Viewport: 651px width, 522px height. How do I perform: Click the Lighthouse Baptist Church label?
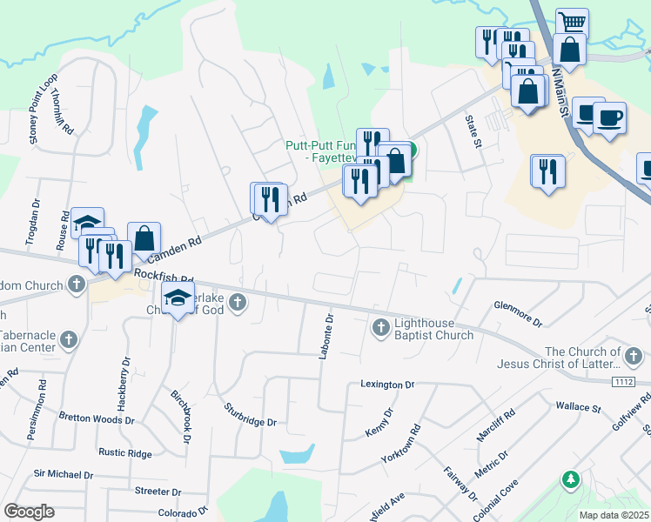[x=434, y=328]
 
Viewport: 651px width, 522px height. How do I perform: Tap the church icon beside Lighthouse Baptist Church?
[x=380, y=328]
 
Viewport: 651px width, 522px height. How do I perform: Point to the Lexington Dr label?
[x=388, y=384]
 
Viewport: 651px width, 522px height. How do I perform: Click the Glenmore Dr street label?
[x=518, y=314]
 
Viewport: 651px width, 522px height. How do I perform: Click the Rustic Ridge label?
[x=125, y=452]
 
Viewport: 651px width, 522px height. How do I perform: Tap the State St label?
[x=473, y=131]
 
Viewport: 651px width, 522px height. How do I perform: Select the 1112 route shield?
[x=622, y=381]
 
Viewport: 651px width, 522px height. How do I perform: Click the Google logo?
[x=29, y=511]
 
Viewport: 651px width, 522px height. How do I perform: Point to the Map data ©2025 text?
[x=614, y=515]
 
